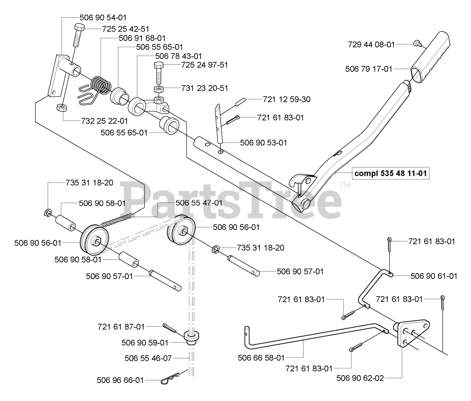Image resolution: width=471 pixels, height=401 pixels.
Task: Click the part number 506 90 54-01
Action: pos(103,17)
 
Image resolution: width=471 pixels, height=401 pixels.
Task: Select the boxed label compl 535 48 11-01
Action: pos(392,173)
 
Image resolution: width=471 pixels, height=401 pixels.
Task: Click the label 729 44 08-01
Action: pos(371,45)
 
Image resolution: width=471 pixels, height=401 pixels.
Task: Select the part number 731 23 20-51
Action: pos(205,88)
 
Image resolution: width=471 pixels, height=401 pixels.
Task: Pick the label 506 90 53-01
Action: pos(263,142)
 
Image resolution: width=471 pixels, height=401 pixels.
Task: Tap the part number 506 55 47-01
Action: pos(199,203)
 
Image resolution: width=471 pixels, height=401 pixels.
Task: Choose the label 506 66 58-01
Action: pos(261,357)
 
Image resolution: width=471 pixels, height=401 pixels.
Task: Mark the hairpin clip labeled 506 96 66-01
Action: pos(170,378)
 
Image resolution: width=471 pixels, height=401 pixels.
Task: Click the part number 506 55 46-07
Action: pos(148,358)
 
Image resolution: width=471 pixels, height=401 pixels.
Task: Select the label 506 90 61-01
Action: pos(434,276)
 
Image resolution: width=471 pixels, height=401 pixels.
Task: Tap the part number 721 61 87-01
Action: pos(121,326)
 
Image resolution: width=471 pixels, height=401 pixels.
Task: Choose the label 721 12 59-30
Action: pos(287,99)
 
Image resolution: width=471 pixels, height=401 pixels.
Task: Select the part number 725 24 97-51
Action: pos(205,65)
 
